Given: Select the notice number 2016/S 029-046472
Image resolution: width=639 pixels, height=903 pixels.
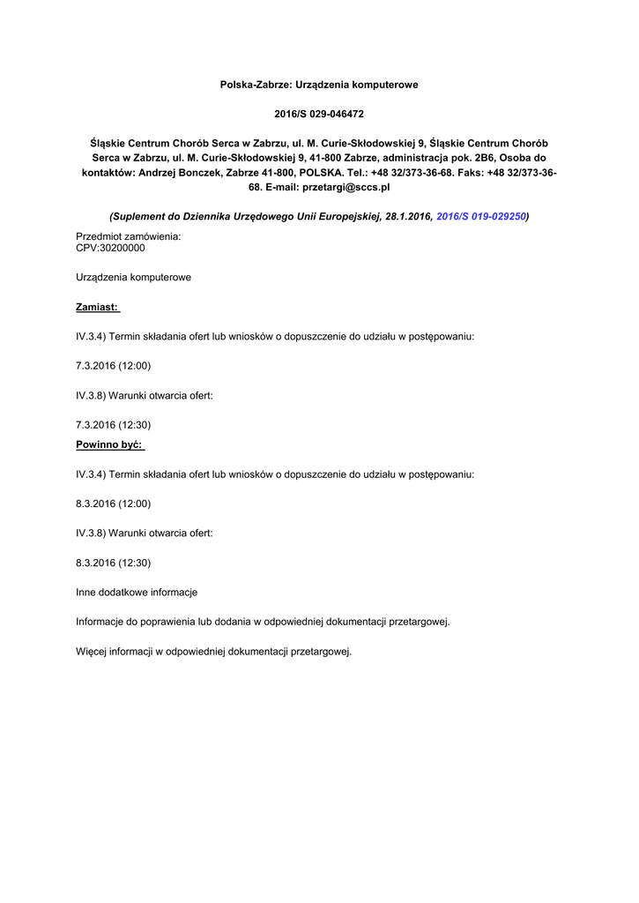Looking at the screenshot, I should point(319,114).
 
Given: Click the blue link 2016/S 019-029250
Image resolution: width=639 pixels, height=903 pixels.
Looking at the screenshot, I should point(481,216).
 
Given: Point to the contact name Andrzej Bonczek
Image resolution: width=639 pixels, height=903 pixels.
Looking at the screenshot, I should point(181,172).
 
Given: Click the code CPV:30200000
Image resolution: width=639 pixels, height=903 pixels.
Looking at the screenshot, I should point(111,248).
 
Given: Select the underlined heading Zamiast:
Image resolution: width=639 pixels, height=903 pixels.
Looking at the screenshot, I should point(98,307).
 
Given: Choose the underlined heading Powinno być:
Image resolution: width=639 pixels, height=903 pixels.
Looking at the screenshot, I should point(109,444).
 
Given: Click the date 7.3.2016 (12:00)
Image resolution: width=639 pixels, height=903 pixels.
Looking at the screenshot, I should point(114,366).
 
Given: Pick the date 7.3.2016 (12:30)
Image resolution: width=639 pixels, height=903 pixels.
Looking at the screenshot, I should point(114,425).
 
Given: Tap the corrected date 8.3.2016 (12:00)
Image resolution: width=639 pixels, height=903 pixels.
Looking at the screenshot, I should point(114,504).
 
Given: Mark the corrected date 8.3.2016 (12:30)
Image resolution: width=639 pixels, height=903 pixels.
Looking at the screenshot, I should point(114,563).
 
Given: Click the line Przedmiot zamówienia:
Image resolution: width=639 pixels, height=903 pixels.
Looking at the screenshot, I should point(129,236).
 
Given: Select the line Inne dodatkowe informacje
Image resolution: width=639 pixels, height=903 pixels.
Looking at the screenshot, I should point(137,593).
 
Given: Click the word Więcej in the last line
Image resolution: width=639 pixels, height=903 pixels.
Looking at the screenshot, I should point(93,652).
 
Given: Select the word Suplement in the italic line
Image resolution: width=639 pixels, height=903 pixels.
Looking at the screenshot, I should point(139,216).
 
